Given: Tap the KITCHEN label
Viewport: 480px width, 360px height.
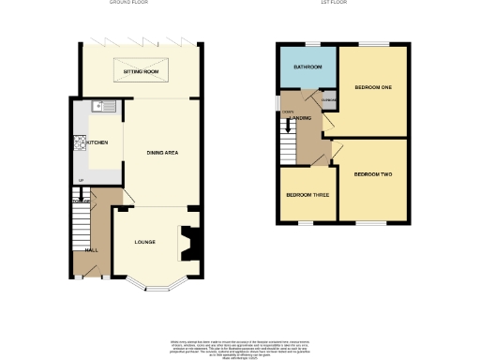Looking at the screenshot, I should tap(97, 142).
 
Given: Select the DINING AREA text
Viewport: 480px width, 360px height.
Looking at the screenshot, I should tap(162, 152).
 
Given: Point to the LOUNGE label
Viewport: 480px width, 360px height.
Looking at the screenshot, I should tap(143, 242).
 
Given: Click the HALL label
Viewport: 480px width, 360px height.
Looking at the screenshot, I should tap(92, 250).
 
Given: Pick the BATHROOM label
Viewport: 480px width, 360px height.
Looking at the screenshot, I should tap(307, 67).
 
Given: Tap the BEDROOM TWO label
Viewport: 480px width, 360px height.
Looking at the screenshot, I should tap(372, 174).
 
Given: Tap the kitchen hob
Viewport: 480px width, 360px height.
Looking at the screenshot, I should tap(81, 142).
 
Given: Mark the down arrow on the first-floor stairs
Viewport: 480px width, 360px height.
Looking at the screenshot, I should tap(287, 112).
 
